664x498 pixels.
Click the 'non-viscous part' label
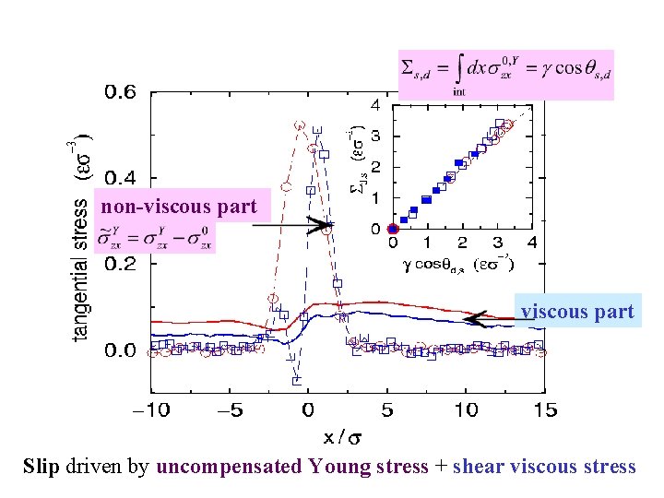tap(179, 207)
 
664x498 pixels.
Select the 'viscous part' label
tap(578, 312)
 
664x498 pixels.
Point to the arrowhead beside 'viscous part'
tap(472, 319)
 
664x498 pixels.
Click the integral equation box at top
tap(505, 74)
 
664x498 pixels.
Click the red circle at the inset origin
tap(393, 229)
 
